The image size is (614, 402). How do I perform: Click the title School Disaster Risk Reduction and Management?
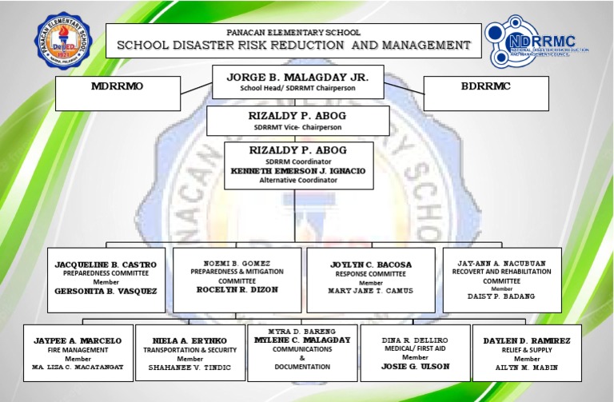pyautogui.click(x=293, y=46)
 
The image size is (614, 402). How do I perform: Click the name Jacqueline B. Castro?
pyautogui.click(x=106, y=264)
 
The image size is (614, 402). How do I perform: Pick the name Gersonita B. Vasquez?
pyautogui.click(x=106, y=292)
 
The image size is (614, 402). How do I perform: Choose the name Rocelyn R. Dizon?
pyautogui.click(x=237, y=290)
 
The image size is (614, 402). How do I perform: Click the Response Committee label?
pyautogui.click(x=371, y=273)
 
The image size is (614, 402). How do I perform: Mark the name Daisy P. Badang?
pyautogui.click(x=501, y=297)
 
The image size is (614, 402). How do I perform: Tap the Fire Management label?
pyautogui.click(x=78, y=349)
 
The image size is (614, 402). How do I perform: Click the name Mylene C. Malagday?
pyautogui.click(x=302, y=340)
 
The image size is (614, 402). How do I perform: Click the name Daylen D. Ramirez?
pyautogui.click(x=527, y=340)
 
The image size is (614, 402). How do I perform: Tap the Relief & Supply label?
pyautogui.click(x=527, y=350)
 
